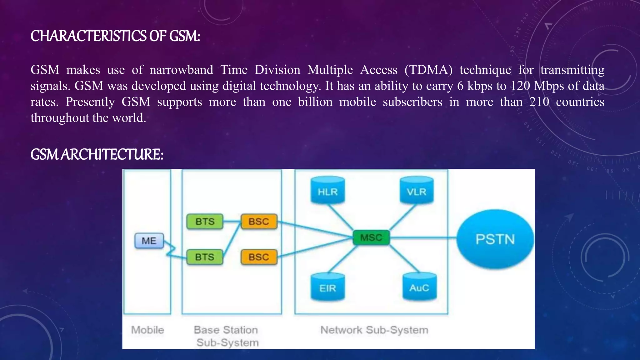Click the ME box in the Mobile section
click(149, 241)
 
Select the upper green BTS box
click(205, 222)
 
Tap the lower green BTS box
click(205, 257)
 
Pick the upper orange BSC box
click(259, 222)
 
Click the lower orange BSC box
click(259, 257)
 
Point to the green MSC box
click(371, 237)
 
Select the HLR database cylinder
click(327, 191)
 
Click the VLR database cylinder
click(417, 191)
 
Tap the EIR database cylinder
click(327, 287)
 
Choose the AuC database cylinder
click(419, 287)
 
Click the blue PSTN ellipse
click(495, 239)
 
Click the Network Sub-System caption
click(374, 330)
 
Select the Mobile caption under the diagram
click(147, 330)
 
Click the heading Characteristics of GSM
click(115, 36)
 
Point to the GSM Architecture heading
click(97, 154)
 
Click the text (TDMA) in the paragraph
click(428, 70)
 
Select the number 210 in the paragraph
click(539, 102)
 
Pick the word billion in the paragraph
click(315, 102)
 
